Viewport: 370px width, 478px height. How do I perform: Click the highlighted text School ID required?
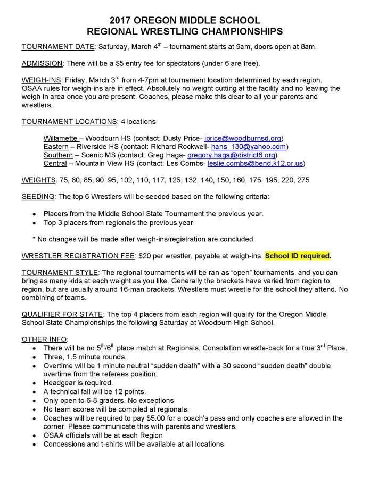(298, 256)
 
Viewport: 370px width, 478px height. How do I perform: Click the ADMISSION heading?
(42, 64)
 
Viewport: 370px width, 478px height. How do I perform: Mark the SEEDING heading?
(37, 197)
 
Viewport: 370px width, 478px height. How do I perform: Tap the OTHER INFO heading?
(45, 339)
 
